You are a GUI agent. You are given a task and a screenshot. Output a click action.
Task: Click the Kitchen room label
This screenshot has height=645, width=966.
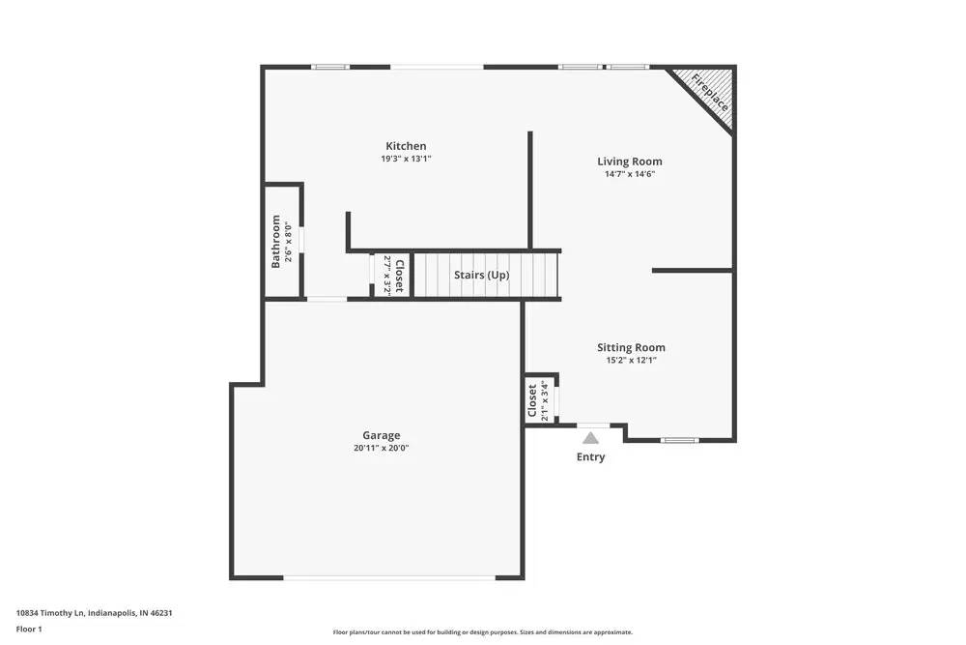pos(406,146)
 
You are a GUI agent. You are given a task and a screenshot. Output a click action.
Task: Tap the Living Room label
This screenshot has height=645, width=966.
pos(629,161)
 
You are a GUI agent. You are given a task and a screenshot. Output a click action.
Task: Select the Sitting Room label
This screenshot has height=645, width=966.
pos(631,347)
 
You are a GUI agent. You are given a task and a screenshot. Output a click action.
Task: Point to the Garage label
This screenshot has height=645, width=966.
pos(381,435)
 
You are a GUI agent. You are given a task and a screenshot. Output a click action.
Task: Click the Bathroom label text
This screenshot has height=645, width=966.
pos(276,241)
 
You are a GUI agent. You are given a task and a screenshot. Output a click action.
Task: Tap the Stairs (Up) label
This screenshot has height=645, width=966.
pos(481,276)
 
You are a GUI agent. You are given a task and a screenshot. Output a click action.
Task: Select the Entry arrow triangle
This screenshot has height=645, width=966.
pos(590,438)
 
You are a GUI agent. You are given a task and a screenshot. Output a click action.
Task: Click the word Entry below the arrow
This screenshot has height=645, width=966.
pos(590,456)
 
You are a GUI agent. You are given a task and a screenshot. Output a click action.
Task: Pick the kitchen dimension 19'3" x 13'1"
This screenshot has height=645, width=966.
pos(406,159)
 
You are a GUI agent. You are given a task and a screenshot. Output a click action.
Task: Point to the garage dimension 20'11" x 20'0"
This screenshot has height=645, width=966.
pos(381,448)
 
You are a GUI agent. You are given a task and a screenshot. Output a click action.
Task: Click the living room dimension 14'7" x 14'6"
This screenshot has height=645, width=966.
pos(629,174)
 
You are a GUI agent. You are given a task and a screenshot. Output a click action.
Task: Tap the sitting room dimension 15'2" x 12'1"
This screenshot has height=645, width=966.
pos(631,361)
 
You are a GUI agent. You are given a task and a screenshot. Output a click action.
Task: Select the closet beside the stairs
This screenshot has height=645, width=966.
pos(393,276)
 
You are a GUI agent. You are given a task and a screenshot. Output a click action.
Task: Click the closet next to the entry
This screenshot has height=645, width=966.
pos(537,400)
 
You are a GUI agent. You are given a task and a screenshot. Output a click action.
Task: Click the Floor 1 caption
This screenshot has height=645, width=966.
pos(29,629)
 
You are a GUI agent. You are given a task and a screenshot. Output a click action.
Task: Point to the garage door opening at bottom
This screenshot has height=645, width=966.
pos(389,578)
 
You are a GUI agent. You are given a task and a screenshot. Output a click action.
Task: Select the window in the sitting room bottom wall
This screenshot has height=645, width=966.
pos(679,441)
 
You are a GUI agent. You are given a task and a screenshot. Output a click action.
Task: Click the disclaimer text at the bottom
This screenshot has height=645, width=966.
pos(483,631)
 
